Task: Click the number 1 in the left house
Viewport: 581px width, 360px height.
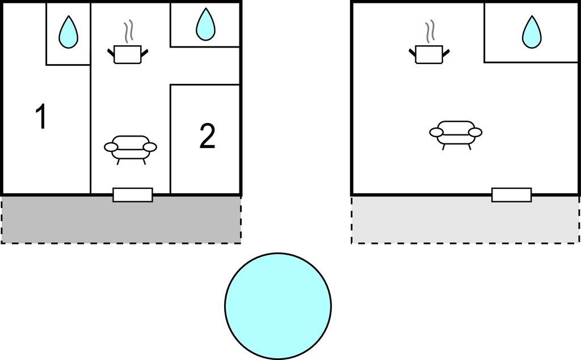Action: pyautogui.click(x=41, y=116)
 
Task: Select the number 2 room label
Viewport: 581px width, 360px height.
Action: pyautogui.click(x=207, y=136)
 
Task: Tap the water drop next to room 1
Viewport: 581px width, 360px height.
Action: pyautogui.click(x=68, y=32)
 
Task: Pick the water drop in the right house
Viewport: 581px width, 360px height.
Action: pyautogui.click(x=532, y=32)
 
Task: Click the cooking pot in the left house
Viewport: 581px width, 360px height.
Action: pyautogui.click(x=128, y=54)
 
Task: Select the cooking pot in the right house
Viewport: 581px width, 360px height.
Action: pyautogui.click(x=430, y=54)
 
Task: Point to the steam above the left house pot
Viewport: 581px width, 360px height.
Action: pyautogui.click(x=128, y=32)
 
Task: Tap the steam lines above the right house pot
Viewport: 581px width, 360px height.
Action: pyautogui.click(x=430, y=32)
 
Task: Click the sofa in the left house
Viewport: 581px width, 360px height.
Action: pyautogui.click(x=130, y=150)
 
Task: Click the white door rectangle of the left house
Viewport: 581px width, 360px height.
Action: pyautogui.click(x=133, y=195)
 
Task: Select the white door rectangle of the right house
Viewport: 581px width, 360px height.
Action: pyautogui.click(x=511, y=195)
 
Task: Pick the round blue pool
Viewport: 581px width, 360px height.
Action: pyautogui.click(x=278, y=306)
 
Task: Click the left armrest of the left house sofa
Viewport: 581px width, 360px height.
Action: pyautogui.click(x=111, y=147)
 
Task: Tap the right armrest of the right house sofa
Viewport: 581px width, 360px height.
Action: pyautogui.click(x=475, y=132)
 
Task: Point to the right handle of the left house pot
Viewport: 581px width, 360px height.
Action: pyautogui.click(x=145, y=53)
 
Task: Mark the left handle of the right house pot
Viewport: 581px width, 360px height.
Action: pyautogui.click(x=413, y=53)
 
